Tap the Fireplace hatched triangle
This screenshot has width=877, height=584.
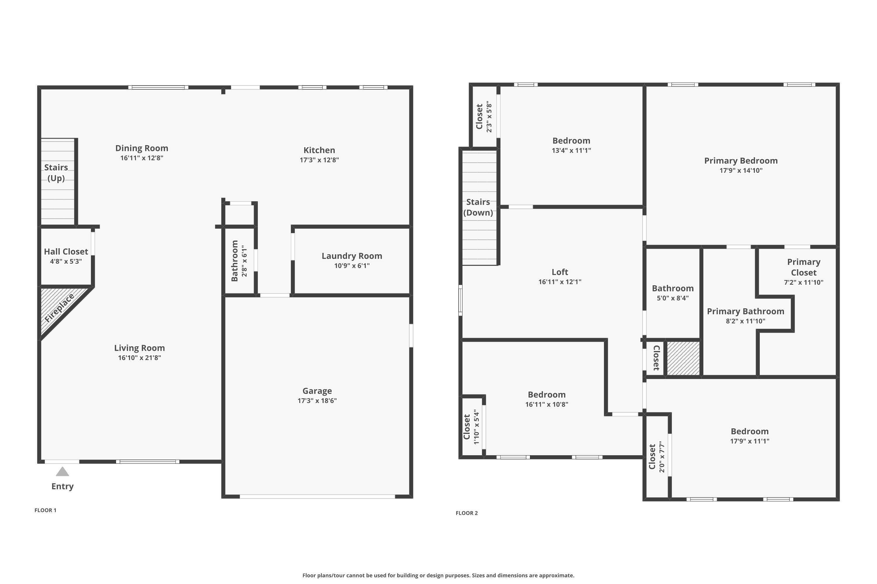(56, 309)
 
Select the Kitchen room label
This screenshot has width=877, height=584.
(319, 150)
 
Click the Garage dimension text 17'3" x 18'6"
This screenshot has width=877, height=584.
(317, 401)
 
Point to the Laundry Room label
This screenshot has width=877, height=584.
(352, 256)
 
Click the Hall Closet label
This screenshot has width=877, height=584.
(66, 252)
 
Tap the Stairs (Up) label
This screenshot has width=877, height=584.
(56, 173)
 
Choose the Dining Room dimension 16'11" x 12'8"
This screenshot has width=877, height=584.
(142, 158)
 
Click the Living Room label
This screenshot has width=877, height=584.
(139, 348)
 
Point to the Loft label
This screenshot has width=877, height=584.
(560, 272)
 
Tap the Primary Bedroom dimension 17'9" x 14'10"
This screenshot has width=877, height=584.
(741, 171)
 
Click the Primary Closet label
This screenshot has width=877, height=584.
(804, 267)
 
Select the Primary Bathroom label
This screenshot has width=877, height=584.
(745, 311)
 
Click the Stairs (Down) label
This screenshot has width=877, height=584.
(478, 207)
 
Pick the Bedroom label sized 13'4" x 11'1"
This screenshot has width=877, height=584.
(571, 141)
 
